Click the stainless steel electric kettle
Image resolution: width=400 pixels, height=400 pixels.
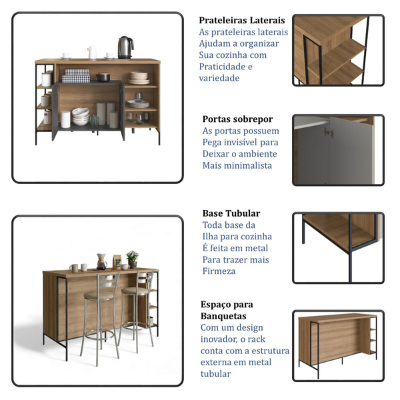click(125, 48)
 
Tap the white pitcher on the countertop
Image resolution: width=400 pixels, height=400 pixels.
click(92, 53)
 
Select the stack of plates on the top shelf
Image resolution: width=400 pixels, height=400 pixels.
click(139, 78)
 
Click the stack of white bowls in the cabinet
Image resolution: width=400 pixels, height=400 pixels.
click(81, 117)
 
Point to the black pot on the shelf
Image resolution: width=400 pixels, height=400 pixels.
click(103, 77)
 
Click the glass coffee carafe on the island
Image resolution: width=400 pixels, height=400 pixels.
click(101, 262)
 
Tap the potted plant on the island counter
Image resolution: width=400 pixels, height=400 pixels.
click(132, 259)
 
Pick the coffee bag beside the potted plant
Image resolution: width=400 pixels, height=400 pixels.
click(117, 262)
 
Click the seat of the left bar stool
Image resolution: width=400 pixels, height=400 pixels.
click(99, 295)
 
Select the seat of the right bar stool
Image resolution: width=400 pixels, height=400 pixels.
click(135, 291)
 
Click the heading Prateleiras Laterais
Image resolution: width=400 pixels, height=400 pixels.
click(242, 20)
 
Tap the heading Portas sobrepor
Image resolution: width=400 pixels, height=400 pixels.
click(237, 119)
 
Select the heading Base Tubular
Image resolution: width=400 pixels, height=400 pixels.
click(231, 213)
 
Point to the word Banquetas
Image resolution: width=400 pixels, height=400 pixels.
click(223, 316)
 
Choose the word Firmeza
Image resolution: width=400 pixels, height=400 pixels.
click(219, 271)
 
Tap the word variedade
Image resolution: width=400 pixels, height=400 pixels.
click(219, 78)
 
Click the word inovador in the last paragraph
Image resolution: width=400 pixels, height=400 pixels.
click(219, 339)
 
